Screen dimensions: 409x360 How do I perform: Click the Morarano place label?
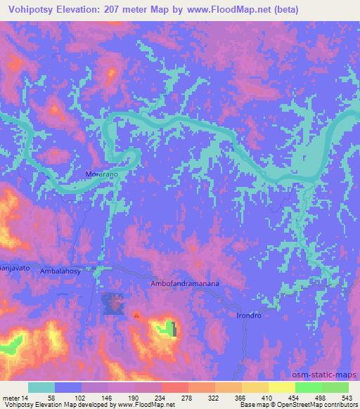(x=101, y=172)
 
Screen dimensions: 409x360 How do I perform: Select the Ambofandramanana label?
(x=185, y=284)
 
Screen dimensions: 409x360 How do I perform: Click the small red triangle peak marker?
(x=136, y=316)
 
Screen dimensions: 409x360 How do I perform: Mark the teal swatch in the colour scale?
(x=41, y=388)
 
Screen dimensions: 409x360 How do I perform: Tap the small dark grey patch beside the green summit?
(x=174, y=328)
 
